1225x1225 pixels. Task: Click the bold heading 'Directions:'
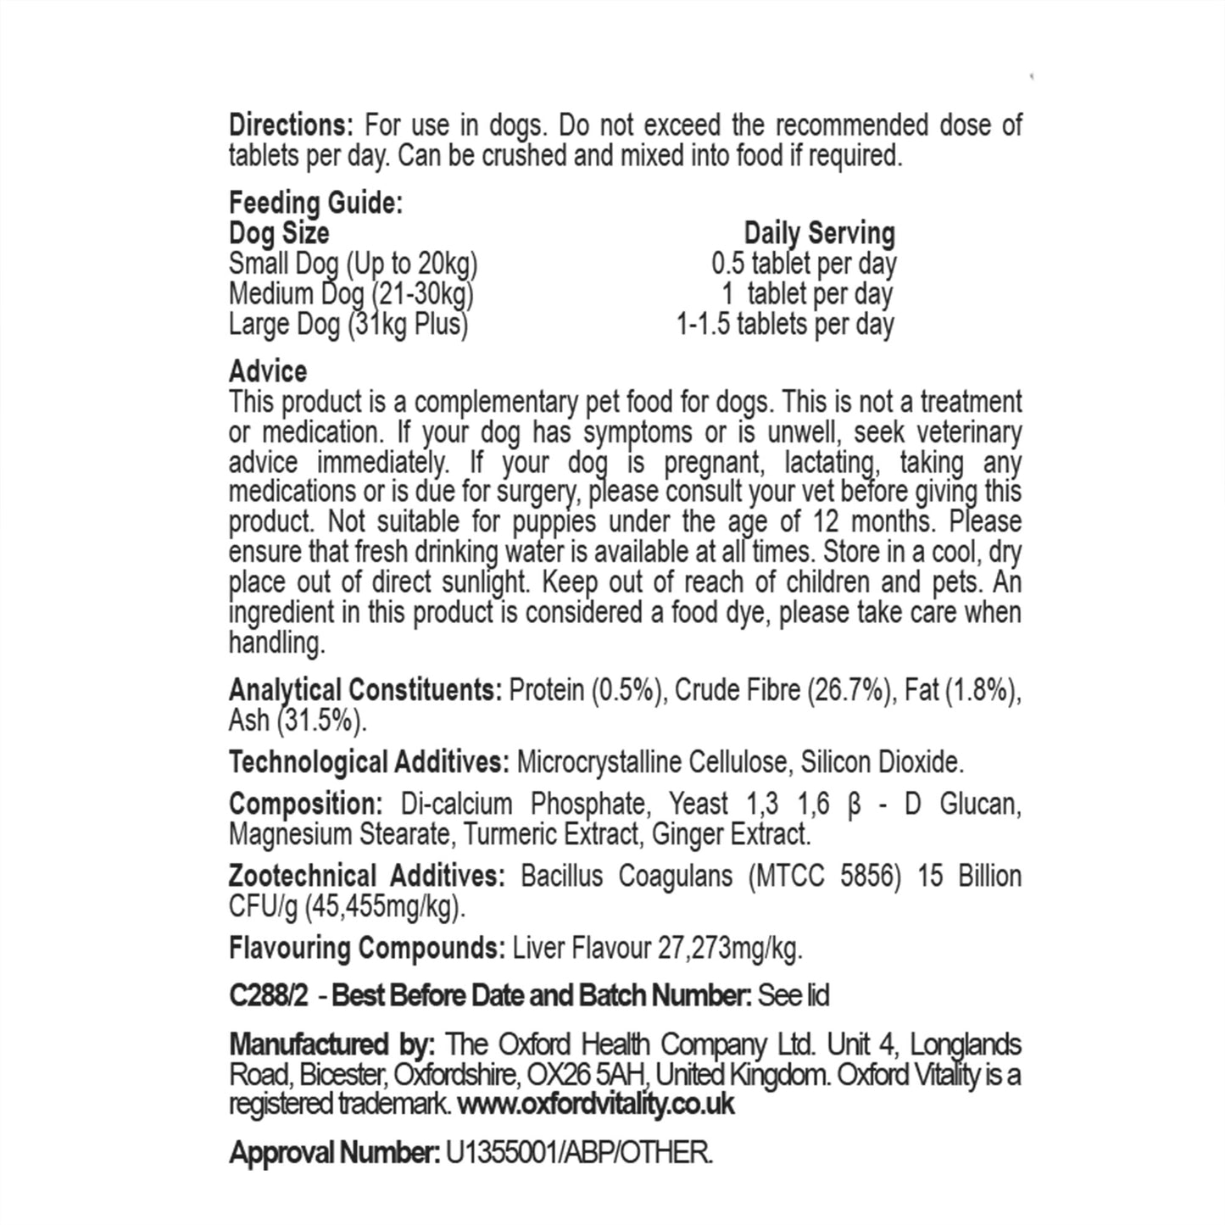[x=291, y=126]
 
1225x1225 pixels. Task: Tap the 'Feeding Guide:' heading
[x=315, y=203]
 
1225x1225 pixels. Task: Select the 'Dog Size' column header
[x=279, y=233]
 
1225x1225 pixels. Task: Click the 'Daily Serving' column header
[x=819, y=233]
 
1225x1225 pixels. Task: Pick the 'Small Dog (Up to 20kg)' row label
[x=353, y=264]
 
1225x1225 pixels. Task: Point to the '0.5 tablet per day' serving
[x=804, y=264]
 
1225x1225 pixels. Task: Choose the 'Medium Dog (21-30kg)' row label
[x=351, y=294]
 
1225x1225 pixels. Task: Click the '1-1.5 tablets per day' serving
[x=785, y=324]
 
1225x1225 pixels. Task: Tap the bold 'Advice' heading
[x=268, y=371]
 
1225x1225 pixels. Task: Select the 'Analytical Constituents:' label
[x=365, y=690]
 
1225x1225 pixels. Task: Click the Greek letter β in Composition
[x=855, y=805]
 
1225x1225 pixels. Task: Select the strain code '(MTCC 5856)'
[x=824, y=876]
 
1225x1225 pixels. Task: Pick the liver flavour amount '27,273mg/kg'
[x=729, y=948]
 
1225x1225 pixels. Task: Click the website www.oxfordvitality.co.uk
[x=595, y=1104]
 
